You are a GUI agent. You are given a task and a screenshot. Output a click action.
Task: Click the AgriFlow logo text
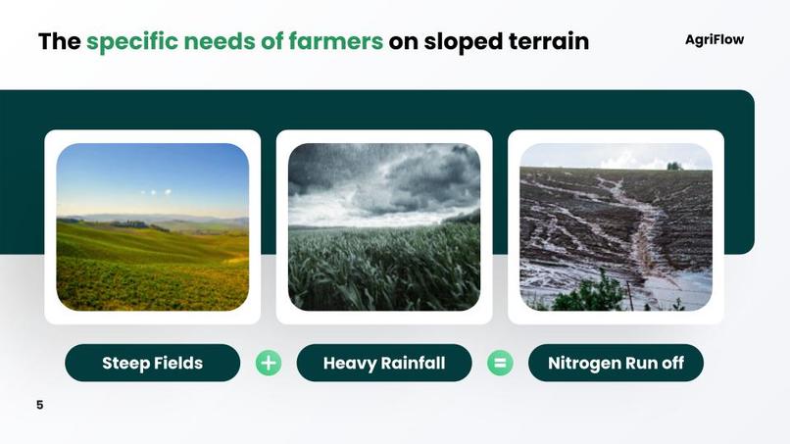[714, 40]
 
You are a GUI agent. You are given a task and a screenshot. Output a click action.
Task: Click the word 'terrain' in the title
[548, 42]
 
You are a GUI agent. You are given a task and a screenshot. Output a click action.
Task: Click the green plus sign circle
[268, 363]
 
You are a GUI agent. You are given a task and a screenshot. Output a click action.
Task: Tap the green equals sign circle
[500, 363]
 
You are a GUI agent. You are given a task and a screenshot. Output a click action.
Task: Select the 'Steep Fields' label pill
[152, 363]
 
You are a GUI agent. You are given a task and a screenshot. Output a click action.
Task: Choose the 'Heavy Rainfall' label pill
[383, 363]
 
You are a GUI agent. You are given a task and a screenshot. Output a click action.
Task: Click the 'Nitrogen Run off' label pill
[616, 363]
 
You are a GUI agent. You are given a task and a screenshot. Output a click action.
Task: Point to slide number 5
[40, 405]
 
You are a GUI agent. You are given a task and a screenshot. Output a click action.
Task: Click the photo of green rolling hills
[152, 226]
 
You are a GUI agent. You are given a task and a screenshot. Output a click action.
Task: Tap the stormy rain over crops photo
[383, 226]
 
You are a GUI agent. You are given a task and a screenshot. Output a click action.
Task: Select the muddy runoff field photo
[616, 226]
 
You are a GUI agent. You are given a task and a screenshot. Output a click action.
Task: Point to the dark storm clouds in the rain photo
[412, 176]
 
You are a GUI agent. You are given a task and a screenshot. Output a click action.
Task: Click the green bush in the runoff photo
[593, 294]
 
